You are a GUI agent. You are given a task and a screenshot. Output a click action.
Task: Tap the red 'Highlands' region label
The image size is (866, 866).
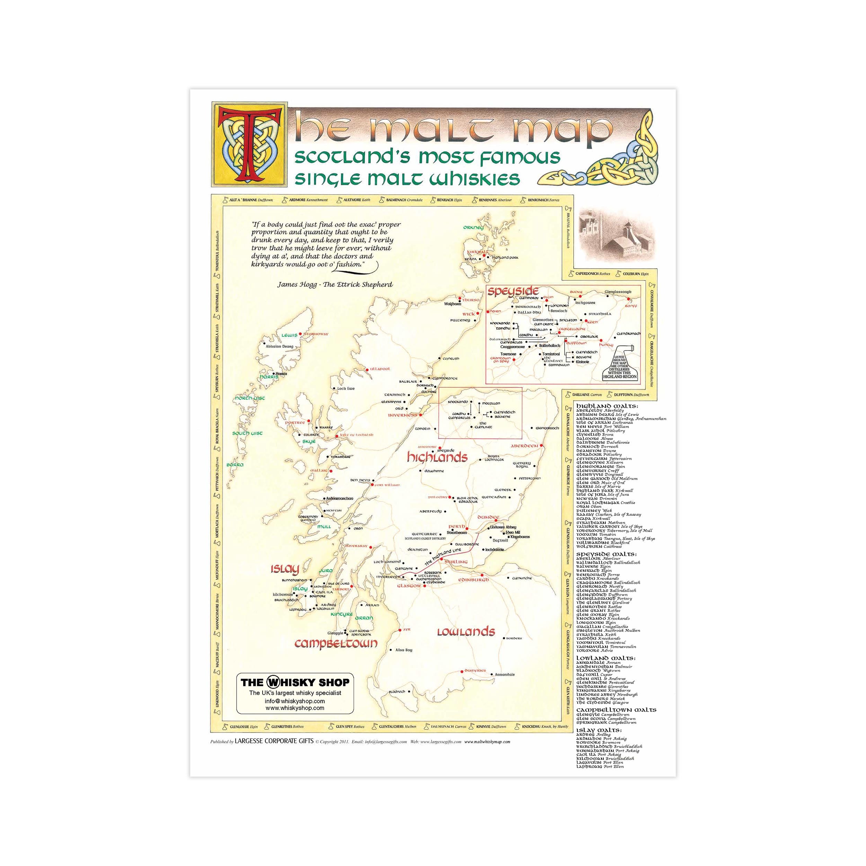coord(437,457)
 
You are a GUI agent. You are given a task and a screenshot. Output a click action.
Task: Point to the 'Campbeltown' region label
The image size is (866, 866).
coord(336,644)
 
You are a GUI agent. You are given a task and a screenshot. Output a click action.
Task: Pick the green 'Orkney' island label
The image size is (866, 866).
coord(473,227)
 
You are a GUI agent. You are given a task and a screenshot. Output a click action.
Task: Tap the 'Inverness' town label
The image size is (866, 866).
coord(402,415)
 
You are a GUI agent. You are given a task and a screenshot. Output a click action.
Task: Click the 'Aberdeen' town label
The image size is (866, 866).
coord(524,446)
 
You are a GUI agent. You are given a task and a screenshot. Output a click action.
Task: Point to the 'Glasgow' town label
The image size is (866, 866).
coord(409,586)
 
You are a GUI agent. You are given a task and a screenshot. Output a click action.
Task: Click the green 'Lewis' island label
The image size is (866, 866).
coord(289,335)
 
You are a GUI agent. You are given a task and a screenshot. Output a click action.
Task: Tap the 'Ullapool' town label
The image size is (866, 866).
coord(380,369)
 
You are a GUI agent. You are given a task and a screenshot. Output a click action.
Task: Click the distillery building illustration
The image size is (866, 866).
coord(616,236)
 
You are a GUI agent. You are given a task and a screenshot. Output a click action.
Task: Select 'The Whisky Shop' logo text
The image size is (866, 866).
coord(294,683)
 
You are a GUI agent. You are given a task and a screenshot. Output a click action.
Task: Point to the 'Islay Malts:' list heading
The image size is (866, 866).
coord(598,730)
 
